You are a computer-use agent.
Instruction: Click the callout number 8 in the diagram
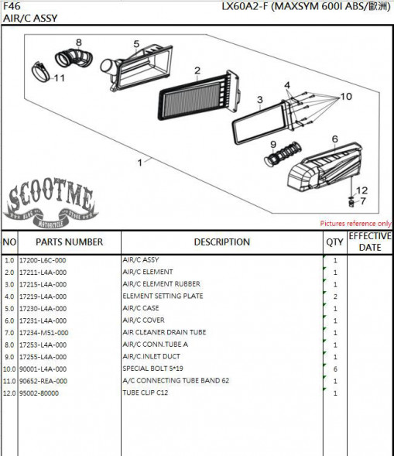click(x=79, y=43)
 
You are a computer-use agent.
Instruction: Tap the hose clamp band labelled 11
click(x=41, y=72)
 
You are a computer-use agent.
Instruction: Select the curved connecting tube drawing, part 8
click(x=74, y=57)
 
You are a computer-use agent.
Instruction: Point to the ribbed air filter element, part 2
click(x=200, y=95)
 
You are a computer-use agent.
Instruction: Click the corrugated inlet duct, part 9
click(x=283, y=153)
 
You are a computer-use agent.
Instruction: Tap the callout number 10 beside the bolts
click(x=346, y=97)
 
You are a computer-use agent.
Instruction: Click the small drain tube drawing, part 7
click(x=351, y=202)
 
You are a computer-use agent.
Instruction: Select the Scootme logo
click(x=51, y=203)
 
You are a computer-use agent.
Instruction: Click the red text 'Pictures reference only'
click(x=356, y=223)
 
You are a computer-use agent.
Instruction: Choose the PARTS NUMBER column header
click(x=69, y=242)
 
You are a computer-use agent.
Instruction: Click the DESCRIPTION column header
click(x=222, y=242)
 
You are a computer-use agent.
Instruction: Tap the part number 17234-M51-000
click(x=43, y=333)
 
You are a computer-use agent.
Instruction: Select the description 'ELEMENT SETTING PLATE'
click(x=163, y=296)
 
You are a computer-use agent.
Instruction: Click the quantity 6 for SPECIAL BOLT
click(x=335, y=369)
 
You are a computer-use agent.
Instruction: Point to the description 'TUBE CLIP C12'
click(x=145, y=393)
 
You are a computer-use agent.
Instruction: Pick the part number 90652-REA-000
click(x=43, y=381)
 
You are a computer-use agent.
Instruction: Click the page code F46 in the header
click(x=12, y=6)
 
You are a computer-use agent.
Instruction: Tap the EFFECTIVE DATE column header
click(x=370, y=242)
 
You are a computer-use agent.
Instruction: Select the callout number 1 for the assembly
click(x=140, y=163)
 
